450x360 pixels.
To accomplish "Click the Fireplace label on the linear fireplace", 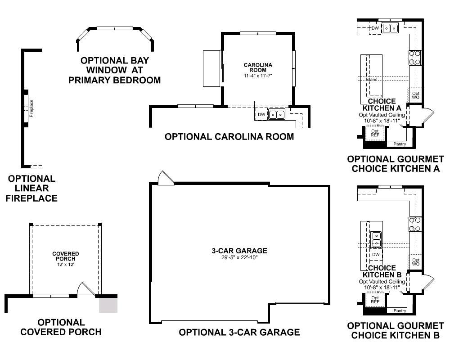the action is (31, 108).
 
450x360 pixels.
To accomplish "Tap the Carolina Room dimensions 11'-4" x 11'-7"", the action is (258, 76).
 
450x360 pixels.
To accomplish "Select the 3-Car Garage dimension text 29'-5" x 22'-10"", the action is (239, 257).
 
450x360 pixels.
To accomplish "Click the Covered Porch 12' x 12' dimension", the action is (65, 265).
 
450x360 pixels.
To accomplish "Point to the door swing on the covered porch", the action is (86, 288).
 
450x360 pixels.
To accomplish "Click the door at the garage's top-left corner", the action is (166, 178).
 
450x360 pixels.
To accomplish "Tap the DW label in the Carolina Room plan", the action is (261, 115).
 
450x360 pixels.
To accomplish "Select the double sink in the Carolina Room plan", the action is (277, 115).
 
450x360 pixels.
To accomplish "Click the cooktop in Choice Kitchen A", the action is (415, 58).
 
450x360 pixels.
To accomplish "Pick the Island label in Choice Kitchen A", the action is (372, 80).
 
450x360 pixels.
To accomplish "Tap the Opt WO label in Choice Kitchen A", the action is (415, 95).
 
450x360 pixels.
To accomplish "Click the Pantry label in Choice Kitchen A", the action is (400, 144).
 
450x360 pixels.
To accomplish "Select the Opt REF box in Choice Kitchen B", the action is (375, 300).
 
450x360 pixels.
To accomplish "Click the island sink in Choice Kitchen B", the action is (376, 239).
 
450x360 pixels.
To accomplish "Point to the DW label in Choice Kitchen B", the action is (376, 254).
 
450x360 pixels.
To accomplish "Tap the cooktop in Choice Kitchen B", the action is (415, 224).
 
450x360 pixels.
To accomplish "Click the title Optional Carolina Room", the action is (229, 136).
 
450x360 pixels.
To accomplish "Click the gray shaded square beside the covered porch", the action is (108, 305).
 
